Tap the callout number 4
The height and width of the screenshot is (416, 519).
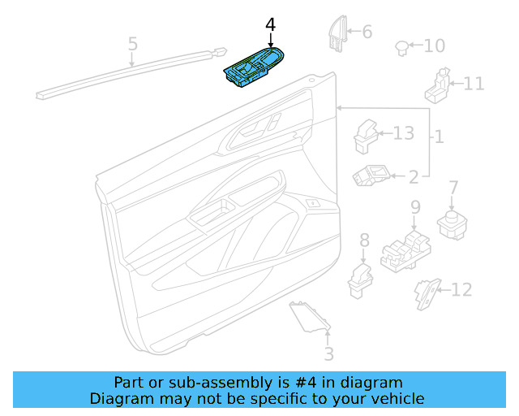pos(270,26)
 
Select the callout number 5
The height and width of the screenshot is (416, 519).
pos(133,44)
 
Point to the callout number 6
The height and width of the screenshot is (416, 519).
pos(367,32)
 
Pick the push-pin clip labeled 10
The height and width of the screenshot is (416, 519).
pos(401,46)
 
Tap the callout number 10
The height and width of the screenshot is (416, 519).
pos(435,45)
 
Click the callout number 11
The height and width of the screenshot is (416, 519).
pos(474,83)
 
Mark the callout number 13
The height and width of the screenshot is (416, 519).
pos(403,133)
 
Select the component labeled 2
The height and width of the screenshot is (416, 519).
pos(371,174)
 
